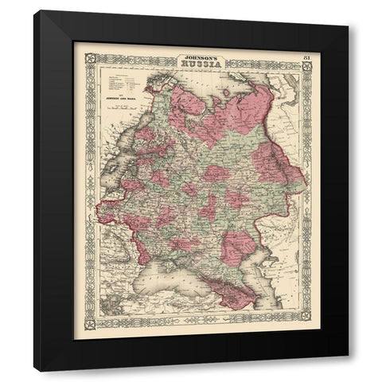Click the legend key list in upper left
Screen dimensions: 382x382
119,80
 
